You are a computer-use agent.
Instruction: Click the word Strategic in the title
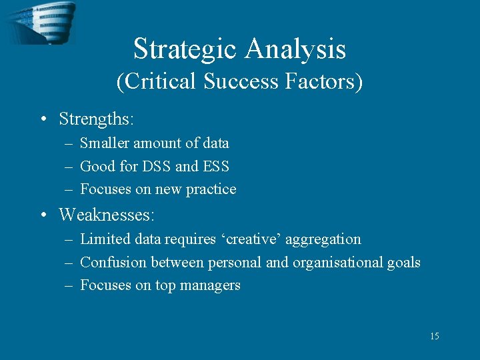click(x=185, y=49)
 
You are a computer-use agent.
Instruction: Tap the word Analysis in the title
click(x=295, y=49)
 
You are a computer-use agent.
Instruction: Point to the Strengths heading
click(x=96, y=119)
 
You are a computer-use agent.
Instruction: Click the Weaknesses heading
click(x=106, y=215)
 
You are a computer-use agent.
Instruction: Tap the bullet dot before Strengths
click(x=43, y=120)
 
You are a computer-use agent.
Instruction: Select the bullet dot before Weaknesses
click(x=43, y=215)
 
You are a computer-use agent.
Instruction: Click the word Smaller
click(x=105, y=143)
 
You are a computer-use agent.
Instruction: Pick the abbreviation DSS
click(x=155, y=166)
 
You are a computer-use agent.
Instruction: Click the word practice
click(x=211, y=189)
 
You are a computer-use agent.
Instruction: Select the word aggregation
click(x=325, y=239)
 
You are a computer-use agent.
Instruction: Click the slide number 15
click(x=434, y=336)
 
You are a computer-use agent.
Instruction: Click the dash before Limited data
click(x=69, y=239)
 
